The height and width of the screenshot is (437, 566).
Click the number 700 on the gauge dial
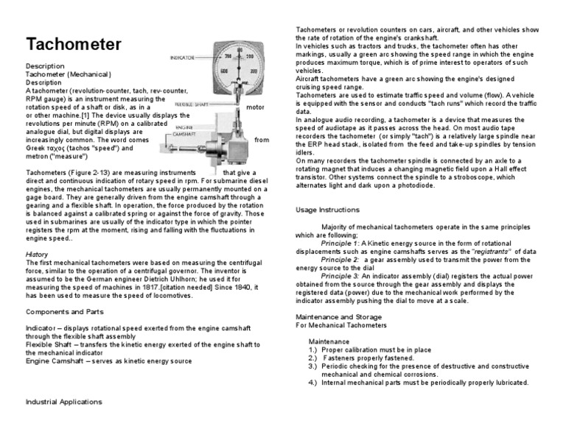pyautogui.click(x=228, y=57)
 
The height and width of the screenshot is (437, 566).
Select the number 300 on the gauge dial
pyautogui.click(x=254, y=71)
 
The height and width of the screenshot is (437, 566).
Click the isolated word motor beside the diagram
pyautogui.click(x=255, y=107)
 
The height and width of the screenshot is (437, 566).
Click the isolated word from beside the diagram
pyautogui.click(x=262, y=139)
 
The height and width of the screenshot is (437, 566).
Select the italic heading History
pyautogui.click(x=37, y=254)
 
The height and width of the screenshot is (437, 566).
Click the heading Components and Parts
pyautogui.click(x=63, y=311)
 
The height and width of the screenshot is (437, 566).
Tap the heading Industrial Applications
pyautogui.click(x=63, y=402)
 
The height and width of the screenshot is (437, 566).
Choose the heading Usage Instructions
pyautogui.click(x=328, y=210)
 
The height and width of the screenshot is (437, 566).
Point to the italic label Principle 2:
pyautogui.click(x=340, y=260)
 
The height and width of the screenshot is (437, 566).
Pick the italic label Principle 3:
pyautogui.click(x=340, y=277)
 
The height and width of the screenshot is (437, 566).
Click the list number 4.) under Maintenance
pyautogui.click(x=312, y=383)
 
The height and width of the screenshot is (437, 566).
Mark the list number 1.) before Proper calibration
pyautogui.click(x=312, y=350)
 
